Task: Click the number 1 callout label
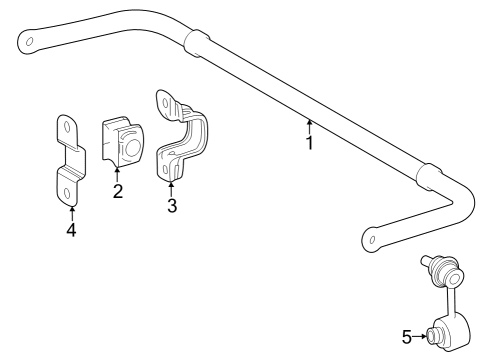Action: pyautogui.click(x=310, y=142)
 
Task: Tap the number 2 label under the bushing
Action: pyautogui.click(x=118, y=191)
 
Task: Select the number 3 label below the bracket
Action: pyautogui.click(x=172, y=205)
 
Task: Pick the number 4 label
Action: pyautogui.click(x=71, y=230)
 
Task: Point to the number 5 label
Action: pyautogui.click(x=405, y=336)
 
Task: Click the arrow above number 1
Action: pyautogui.click(x=309, y=125)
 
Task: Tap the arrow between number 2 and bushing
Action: pyautogui.click(x=118, y=174)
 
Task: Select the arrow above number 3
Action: pyautogui.click(x=172, y=188)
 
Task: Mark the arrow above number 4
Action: pyautogui.click(x=71, y=212)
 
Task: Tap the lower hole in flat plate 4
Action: pyautogui.click(x=64, y=182)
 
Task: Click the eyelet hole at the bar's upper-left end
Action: pyautogui.click(x=30, y=43)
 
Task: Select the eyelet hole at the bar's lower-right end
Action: pyautogui.click(x=371, y=240)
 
